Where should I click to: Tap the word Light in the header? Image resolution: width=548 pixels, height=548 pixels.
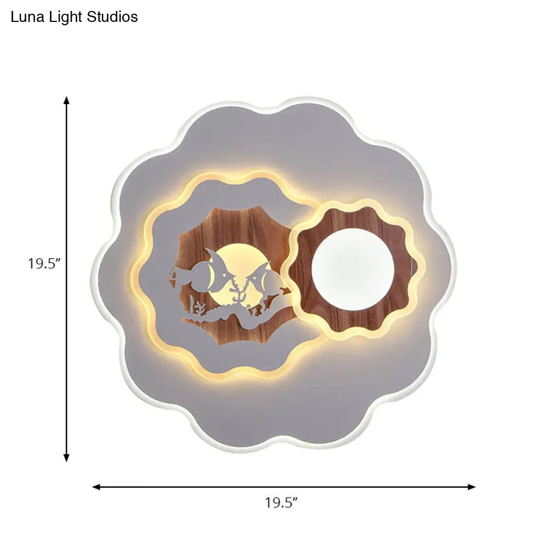tap(66, 18)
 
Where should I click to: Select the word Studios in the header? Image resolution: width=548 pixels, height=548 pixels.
tap(112, 17)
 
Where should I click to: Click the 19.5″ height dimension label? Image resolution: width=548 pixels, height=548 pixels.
tap(44, 264)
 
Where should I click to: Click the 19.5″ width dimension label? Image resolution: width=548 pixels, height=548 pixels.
tap(281, 503)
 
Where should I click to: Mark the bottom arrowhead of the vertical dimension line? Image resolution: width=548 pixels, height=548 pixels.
tap(66, 458)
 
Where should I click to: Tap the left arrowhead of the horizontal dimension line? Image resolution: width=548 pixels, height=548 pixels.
tap(96, 487)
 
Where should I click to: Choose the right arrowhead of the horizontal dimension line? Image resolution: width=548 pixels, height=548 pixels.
tap(471, 487)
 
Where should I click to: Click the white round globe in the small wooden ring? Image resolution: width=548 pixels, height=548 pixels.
tap(353, 270)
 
